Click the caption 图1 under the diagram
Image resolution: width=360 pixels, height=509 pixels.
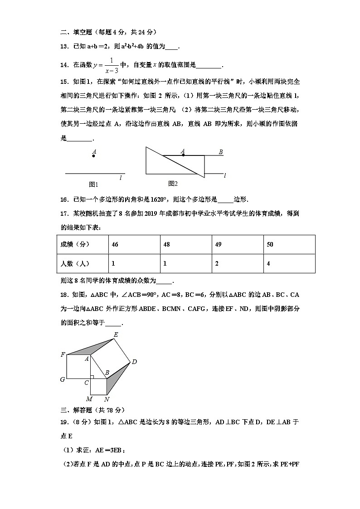click(x=93, y=184)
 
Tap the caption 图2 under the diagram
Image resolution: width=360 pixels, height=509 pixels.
click(x=173, y=184)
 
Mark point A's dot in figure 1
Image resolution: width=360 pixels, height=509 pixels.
click(x=94, y=156)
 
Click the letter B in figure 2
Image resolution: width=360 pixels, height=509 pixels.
click(x=221, y=152)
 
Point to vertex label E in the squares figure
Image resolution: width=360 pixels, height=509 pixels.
click(x=116, y=334)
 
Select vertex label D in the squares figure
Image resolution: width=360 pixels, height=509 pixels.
click(x=134, y=362)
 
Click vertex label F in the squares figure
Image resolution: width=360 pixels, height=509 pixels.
click(x=63, y=354)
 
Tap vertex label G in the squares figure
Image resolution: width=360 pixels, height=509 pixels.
click(x=63, y=379)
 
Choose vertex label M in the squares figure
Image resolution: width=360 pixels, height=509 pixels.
click(x=89, y=399)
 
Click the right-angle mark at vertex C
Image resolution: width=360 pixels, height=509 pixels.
click(x=92, y=377)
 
